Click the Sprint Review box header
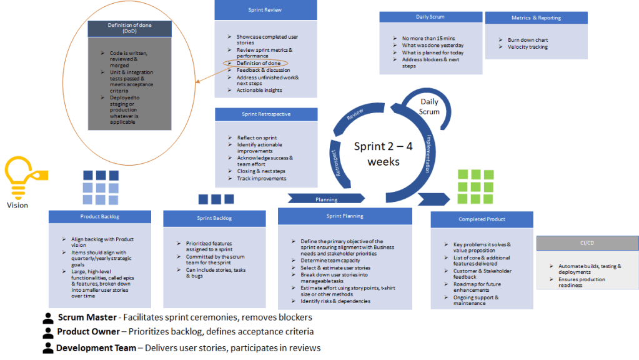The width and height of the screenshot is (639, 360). (x=265, y=11)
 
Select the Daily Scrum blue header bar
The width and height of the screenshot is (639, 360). (x=430, y=17)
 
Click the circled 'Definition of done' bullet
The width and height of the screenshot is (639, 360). (x=257, y=63)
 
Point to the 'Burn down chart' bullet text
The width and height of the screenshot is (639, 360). (x=528, y=40)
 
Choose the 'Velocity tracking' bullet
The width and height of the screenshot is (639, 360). (x=527, y=47)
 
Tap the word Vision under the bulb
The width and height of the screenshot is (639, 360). (x=17, y=205)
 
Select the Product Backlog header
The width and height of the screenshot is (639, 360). (x=99, y=217)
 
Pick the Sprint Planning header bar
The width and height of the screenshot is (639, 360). (x=344, y=216)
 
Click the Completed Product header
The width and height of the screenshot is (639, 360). (x=481, y=219)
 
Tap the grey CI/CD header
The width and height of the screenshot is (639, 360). (x=587, y=243)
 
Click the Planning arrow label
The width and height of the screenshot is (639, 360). (x=326, y=199)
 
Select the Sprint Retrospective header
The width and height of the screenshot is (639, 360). (x=265, y=114)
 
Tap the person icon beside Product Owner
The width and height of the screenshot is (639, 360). (x=48, y=332)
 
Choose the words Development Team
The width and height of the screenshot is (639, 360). (x=98, y=347)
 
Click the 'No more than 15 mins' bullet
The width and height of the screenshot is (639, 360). (x=428, y=39)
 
